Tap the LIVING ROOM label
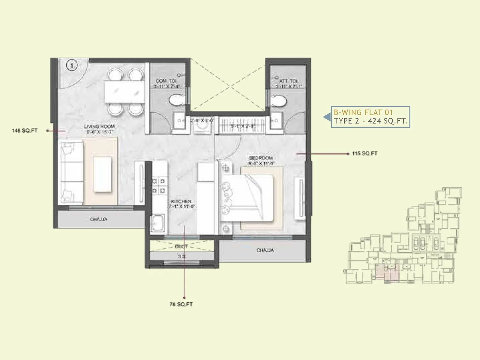pyautogui.click(x=99, y=127)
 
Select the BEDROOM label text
pyautogui.click(x=260, y=158)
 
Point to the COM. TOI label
pyautogui.click(x=166, y=81)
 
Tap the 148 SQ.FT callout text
pyautogui.click(x=25, y=130)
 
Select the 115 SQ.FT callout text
pyautogui.click(x=364, y=154)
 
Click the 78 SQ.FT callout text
pyautogui.click(x=181, y=304)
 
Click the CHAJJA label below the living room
pyautogui.click(x=99, y=219)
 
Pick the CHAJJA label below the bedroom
pyautogui.click(x=265, y=250)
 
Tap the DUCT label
pyautogui.click(x=181, y=246)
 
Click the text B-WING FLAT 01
pyautogui.click(x=363, y=113)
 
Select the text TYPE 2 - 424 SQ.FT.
pyautogui.click(x=370, y=121)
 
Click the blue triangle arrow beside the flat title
pyautogui.click(x=327, y=117)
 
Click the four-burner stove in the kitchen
pyautogui.click(x=158, y=186)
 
